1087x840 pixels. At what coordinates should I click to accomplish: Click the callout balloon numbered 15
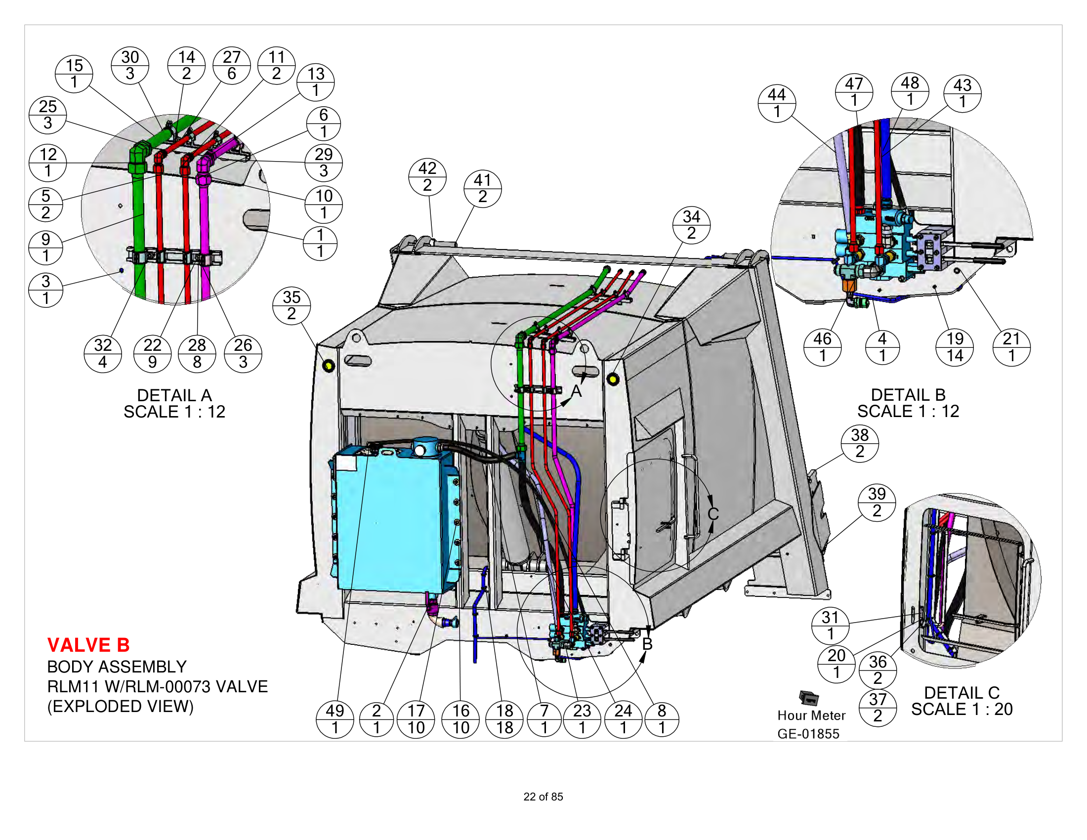pyautogui.click(x=74, y=74)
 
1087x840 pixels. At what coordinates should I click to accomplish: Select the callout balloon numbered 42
pyautogui.click(x=427, y=177)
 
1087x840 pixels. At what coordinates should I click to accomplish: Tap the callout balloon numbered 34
pyautogui.click(x=691, y=225)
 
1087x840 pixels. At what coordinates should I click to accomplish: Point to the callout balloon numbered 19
pyautogui.click(x=955, y=347)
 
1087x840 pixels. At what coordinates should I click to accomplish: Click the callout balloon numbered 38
pyautogui.click(x=860, y=443)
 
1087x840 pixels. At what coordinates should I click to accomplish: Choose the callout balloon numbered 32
pyautogui.click(x=103, y=353)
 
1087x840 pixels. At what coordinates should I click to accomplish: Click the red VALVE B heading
pyautogui.click(x=88, y=645)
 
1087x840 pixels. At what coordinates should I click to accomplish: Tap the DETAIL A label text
pyautogui.click(x=174, y=395)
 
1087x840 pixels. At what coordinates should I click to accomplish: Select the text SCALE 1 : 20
pyautogui.click(x=962, y=709)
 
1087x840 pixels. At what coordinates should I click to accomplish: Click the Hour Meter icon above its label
pyautogui.click(x=809, y=698)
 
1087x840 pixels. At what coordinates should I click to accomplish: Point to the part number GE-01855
pyautogui.click(x=808, y=734)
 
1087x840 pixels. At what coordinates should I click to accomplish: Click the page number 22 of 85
pyautogui.click(x=543, y=797)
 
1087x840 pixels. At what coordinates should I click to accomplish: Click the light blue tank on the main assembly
pyautogui.click(x=388, y=522)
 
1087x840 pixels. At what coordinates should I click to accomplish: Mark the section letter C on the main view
pyautogui.click(x=712, y=514)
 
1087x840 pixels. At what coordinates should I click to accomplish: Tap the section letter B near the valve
pyautogui.click(x=647, y=644)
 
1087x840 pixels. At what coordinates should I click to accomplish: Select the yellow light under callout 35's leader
pyautogui.click(x=329, y=366)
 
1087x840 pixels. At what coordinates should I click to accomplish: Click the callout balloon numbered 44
pyautogui.click(x=776, y=103)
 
